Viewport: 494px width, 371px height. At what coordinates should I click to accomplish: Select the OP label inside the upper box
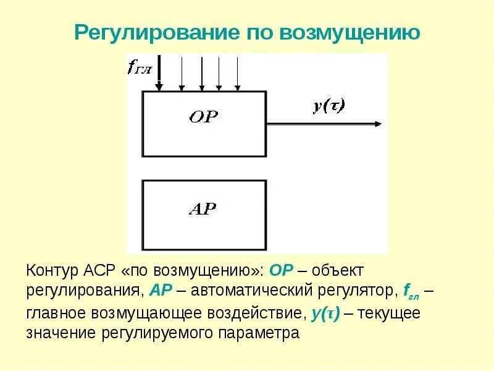pyautogui.click(x=203, y=116)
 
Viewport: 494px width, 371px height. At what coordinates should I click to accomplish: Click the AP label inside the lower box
pyautogui.click(x=202, y=208)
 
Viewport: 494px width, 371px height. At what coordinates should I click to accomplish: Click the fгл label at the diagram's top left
pyautogui.click(x=140, y=67)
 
